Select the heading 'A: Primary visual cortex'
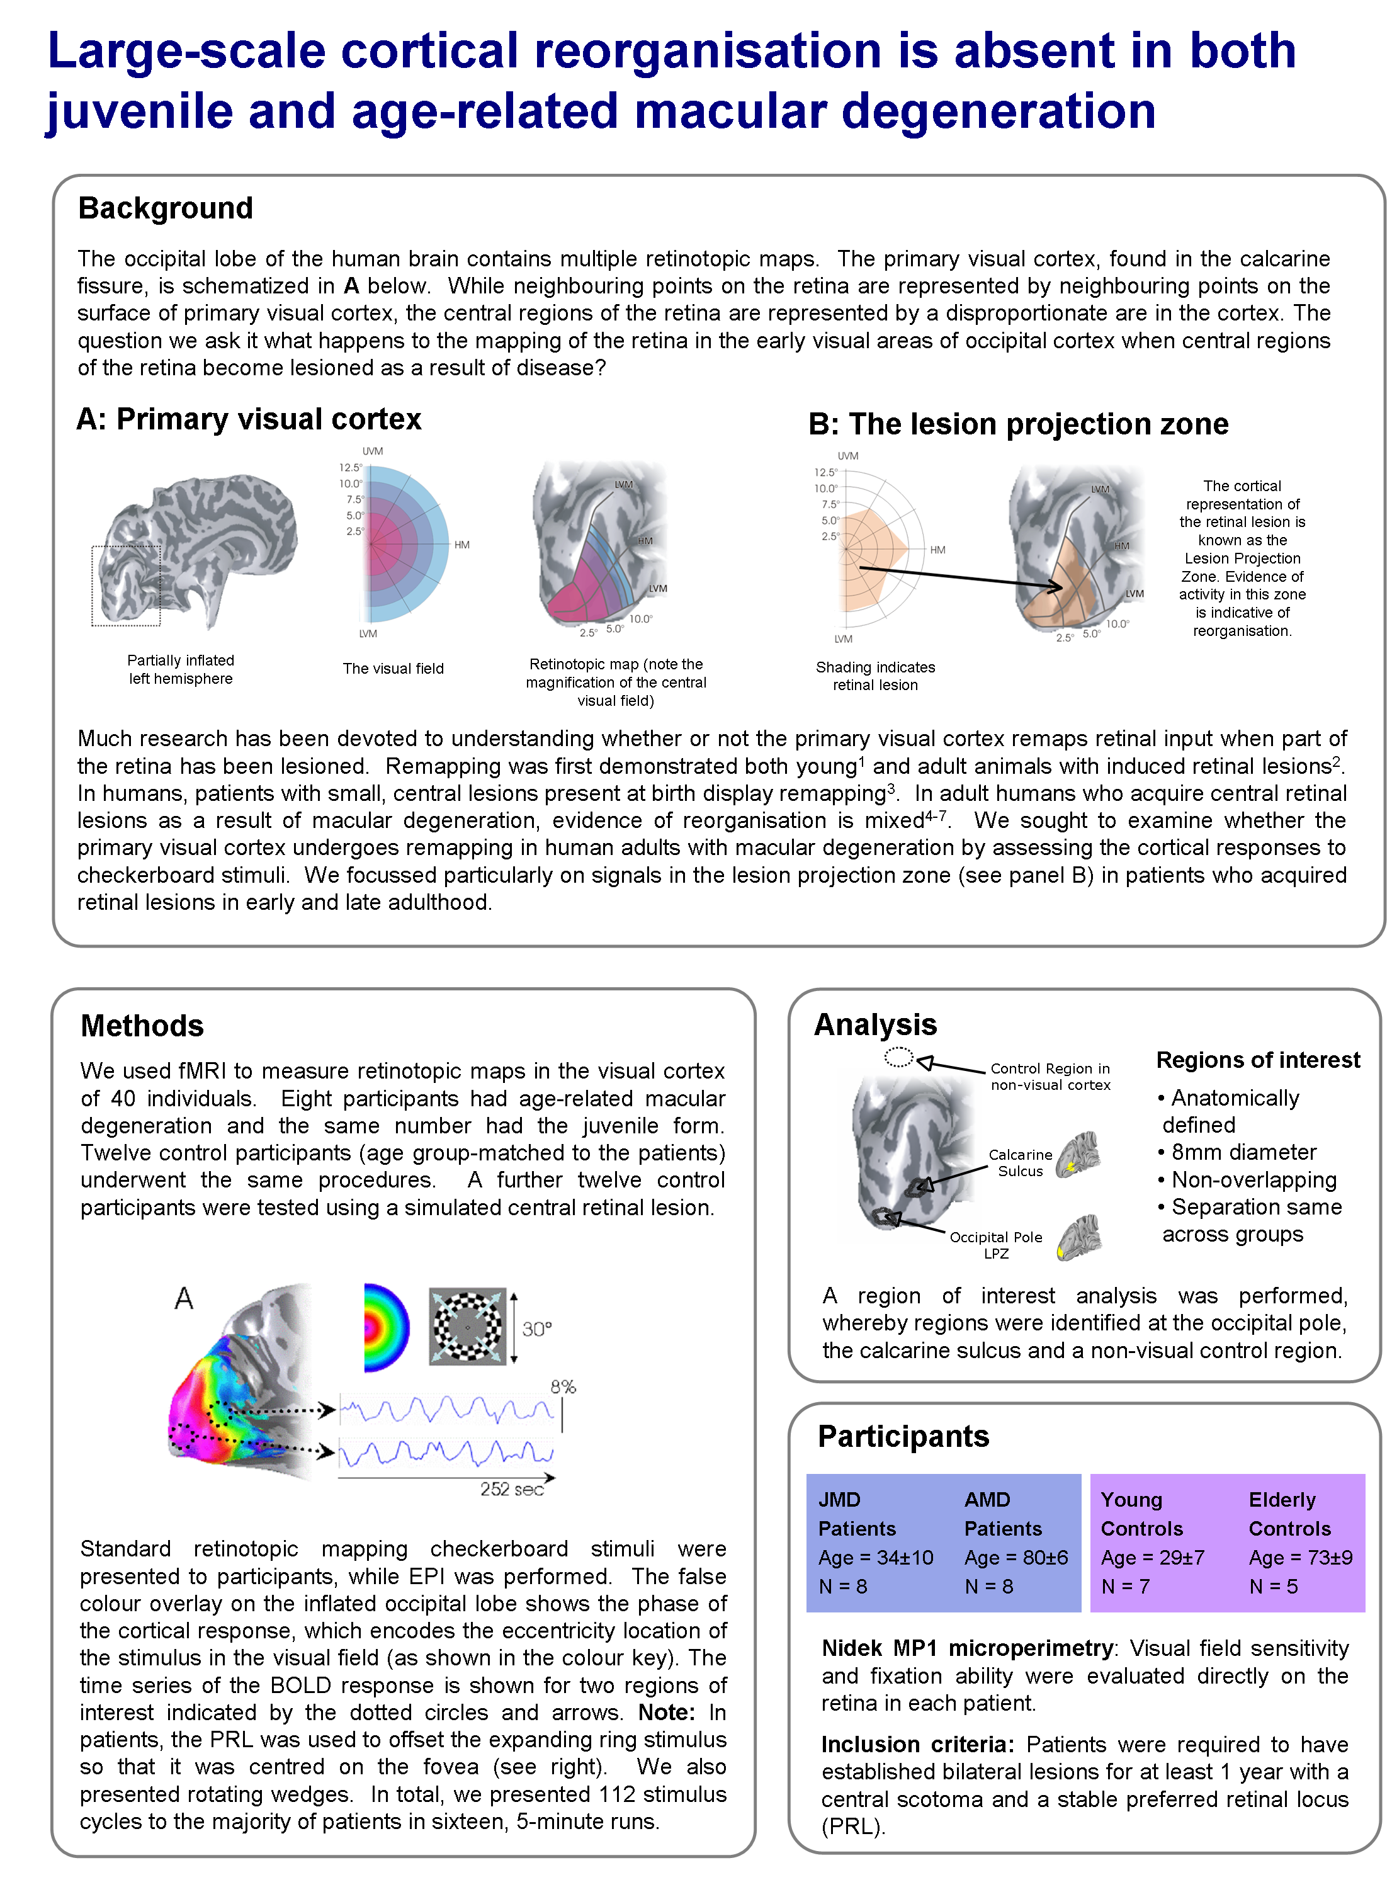click(x=249, y=419)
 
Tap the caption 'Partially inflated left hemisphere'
click(x=180, y=669)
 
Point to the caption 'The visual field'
click(x=393, y=668)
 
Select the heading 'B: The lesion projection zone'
click(x=1018, y=424)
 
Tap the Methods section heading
click(x=142, y=1026)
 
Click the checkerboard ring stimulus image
click(x=467, y=1326)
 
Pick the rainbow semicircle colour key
click(x=386, y=1327)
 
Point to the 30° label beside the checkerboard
click(x=537, y=1329)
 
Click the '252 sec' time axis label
click(x=511, y=1489)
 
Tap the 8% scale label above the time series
click(x=563, y=1386)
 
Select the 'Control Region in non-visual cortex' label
click(x=1050, y=1076)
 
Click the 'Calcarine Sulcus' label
click(x=1021, y=1162)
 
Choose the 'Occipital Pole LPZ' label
click(x=996, y=1245)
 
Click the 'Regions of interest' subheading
click(x=1257, y=1060)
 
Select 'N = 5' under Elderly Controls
click(x=1273, y=1586)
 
